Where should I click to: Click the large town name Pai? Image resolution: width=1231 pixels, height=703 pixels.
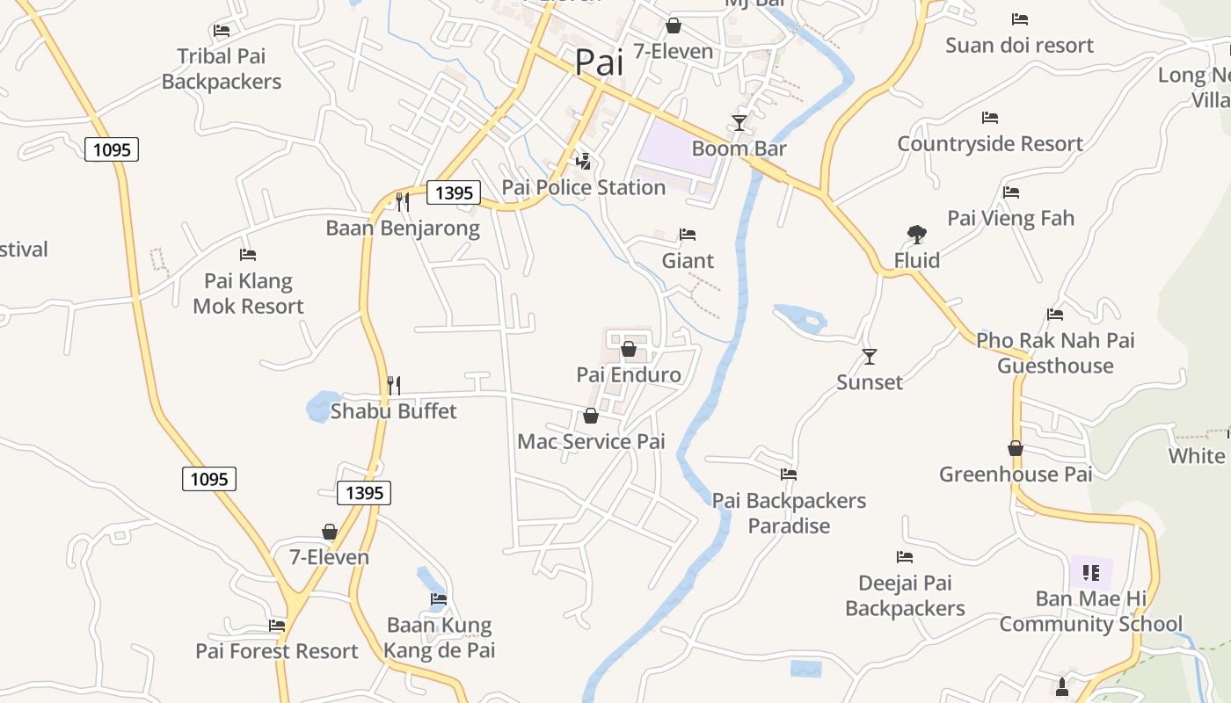tap(599, 62)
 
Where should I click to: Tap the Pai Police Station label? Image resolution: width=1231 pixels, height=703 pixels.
tap(583, 187)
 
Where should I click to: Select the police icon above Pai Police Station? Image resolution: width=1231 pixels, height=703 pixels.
tap(583, 161)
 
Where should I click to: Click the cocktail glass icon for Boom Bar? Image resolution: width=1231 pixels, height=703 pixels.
tap(739, 122)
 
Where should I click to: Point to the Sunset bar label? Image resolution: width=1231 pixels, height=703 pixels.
tap(870, 382)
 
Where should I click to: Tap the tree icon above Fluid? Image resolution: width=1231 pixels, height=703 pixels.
tap(917, 234)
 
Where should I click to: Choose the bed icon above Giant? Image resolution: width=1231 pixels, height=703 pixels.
tap(688, 235)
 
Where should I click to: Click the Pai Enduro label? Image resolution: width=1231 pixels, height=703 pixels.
tap(629, 375)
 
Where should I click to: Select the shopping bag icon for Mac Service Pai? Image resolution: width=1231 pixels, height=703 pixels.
tap(591, 416)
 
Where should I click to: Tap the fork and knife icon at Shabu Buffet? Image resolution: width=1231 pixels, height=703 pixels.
tap(394, 385)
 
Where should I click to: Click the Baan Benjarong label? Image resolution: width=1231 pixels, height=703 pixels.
tap(403, 228)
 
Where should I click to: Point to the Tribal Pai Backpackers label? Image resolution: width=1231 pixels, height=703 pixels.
tap(222, 69)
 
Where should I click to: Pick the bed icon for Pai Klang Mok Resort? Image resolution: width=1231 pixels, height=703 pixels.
tap(248, 255)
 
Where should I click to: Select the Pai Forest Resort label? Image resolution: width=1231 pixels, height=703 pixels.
tap(277, 651)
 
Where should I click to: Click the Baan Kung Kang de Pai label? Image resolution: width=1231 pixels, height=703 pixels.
tap(440, 638)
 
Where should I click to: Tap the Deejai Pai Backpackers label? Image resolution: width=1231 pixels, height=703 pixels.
tap(905, 595)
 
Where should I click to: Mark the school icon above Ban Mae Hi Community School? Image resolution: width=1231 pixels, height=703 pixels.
tap(1091, 574)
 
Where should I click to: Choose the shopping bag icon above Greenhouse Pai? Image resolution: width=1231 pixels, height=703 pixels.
tap(1016, 448)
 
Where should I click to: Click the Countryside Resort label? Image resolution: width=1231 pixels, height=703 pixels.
tap(990, 143)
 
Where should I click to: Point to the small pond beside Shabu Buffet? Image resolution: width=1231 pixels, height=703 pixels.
tap(322, 407)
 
